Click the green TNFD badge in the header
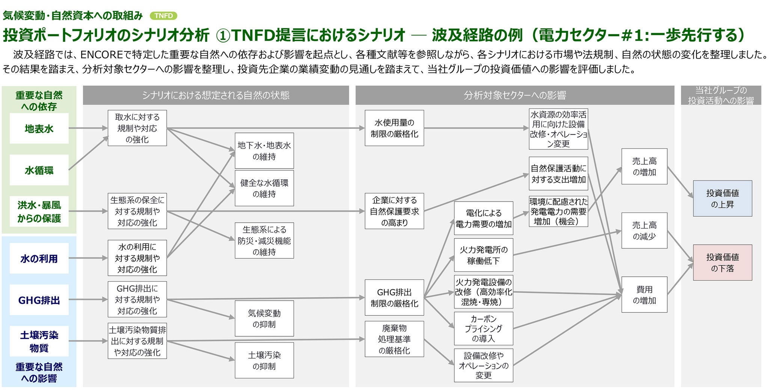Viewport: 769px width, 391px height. tap(163, 16)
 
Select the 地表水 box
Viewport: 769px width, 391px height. tap(39, 129)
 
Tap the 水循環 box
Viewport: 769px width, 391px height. tap(39, 170)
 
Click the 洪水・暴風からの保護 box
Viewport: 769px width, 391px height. tap(39, 211)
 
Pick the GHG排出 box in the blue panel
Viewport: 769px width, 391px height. tap(39, 300)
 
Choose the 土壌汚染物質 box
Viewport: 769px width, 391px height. tap(39, 341)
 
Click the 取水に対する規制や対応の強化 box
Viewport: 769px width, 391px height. tap(137, 128)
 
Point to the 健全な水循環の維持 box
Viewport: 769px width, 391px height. tap(264, 188)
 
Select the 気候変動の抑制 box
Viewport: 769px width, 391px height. tap(264, 318)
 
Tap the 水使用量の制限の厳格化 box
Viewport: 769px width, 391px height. tap(394, 128)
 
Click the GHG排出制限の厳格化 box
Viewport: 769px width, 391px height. tap(394, 297)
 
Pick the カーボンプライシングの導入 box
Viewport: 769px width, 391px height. tap(483, 328)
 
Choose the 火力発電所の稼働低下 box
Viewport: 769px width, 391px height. tap(483, 255)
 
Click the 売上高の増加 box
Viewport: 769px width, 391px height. tap(644, 166)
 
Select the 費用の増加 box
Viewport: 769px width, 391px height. tap(644, 295)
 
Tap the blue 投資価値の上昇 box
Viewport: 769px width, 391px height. tap(722, 199)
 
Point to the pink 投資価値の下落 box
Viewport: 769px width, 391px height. tap(722, 262)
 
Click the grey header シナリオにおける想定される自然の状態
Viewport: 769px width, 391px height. tap(216, 95)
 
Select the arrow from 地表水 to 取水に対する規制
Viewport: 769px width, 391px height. tap(88, 128)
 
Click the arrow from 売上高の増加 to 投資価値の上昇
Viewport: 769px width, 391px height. tap(680, 182)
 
